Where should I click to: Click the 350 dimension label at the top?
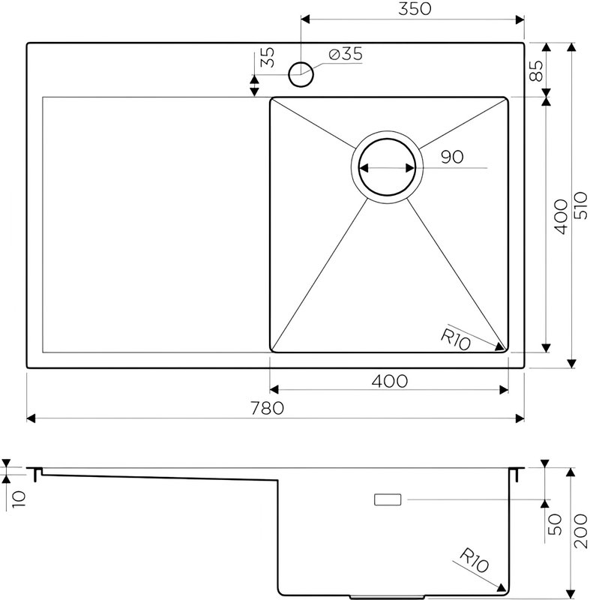point(415,9)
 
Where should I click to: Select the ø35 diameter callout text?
point(346,54)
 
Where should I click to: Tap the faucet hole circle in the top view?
point(301,74)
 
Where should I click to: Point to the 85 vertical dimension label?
point(536,70)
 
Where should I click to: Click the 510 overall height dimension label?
point(580,205)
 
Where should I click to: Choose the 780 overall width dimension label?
point(268,408)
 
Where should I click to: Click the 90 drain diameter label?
point(452,157)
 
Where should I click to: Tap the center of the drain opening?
point(387,167)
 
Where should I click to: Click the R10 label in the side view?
point(474,560)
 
